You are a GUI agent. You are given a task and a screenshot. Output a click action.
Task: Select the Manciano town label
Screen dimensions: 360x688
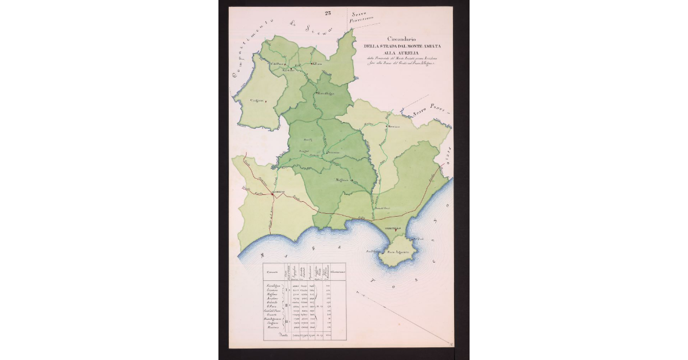pyautogui.click(x=393, y=126)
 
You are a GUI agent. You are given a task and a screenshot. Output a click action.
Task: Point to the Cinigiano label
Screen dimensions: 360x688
pyautogui.click(x=256, y=100)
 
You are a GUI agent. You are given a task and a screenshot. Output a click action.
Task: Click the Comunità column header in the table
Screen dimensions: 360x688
pyautogui.click(x=272, y=272)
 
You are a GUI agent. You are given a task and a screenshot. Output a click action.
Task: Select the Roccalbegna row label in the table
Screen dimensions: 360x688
pyautogui.click(x=276, y=285)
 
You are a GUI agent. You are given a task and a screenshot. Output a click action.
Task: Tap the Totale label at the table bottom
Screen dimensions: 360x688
pyautogui.click(x=282, y=337)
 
